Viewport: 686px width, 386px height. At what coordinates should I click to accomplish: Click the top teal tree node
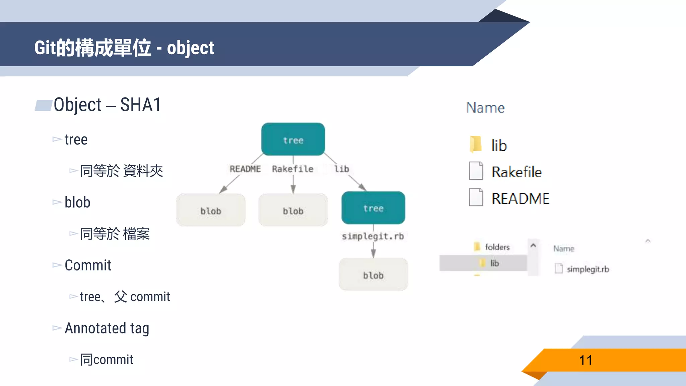(x=293, y=139)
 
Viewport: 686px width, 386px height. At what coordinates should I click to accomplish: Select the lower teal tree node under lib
(x=373, y=208)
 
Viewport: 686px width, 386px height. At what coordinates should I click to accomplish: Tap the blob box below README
(x=211, y=210)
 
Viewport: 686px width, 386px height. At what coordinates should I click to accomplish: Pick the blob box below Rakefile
(x=293, y=210)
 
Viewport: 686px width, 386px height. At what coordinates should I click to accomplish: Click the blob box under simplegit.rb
(x=373, y=274)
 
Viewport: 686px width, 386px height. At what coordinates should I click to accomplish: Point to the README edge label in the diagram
(x=245, y=169)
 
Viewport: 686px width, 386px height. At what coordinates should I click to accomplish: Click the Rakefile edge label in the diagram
(x=292, y=169)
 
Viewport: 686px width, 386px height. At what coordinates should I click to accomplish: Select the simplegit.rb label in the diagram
(x=373, y=236)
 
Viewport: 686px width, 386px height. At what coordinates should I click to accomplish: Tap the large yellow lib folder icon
(x=476, y=144)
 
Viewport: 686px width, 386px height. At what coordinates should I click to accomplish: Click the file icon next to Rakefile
(x=476, y=171)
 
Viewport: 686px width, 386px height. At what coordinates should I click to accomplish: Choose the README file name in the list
(x=520, y=198)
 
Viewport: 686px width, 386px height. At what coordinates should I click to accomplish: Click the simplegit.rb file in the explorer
(x=588, y=269)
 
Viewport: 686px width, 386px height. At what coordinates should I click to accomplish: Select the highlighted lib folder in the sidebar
(x=494, y=263)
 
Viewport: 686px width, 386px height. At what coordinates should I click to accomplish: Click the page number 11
(x=586, y=361)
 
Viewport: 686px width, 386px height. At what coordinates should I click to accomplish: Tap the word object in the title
(x=190, y=48)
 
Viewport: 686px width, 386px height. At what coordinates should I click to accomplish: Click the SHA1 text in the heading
(x=141, y=105)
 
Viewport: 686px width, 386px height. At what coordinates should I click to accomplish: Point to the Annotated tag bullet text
(x=107, y=328)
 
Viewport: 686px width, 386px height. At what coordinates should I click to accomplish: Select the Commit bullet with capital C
(x=88, y=265)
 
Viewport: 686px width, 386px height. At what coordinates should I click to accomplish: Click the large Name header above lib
(x=485, y=108)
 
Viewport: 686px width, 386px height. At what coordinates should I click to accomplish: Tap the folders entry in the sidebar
(x=497, y=247)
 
